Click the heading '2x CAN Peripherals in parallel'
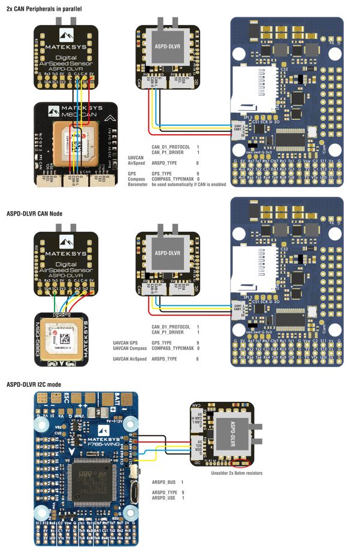point(44,9)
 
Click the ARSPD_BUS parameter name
point(164,482)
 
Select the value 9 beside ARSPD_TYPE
point(198,492)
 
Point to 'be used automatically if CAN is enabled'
point(189,184)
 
